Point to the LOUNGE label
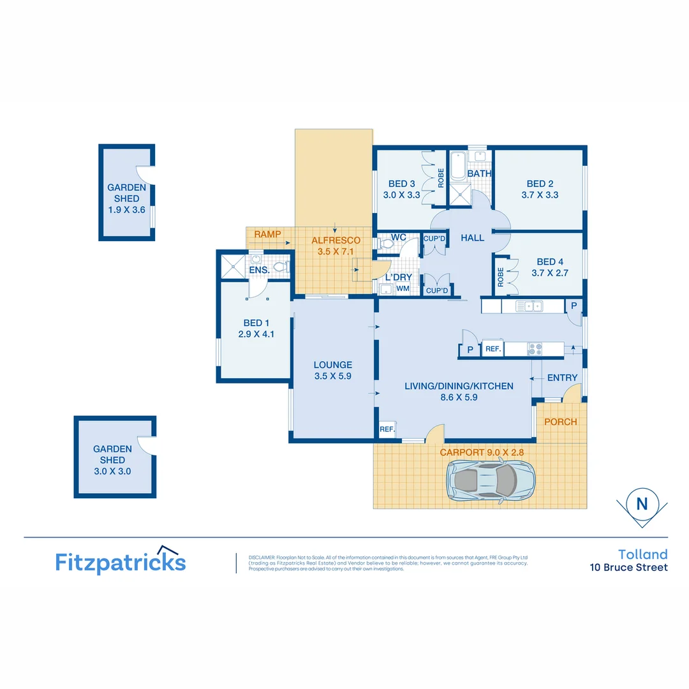pyautogui.click(x=332, y=371)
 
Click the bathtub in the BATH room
pyautogui.click(x=457, y=167)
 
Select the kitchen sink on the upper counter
pyautogui.click(x=529, y=307)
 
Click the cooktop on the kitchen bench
pyautogui.click(x=535, y=349)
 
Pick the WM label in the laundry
pyautogui.click(x=403, y=289)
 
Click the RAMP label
pyautogui.click(x=267, y=235)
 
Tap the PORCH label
pyautogui.click(x=561, y=422)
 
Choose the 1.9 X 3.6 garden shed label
pyautogui.click(x=127, y=209)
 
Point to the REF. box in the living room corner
pyautogui.click(x=387, y=430)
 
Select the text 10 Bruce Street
pyautogui.click(x=628, y=568)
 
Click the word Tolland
pyautogui.click(x=642, y=554)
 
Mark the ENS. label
pyautogui.click(x=258, y=270)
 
